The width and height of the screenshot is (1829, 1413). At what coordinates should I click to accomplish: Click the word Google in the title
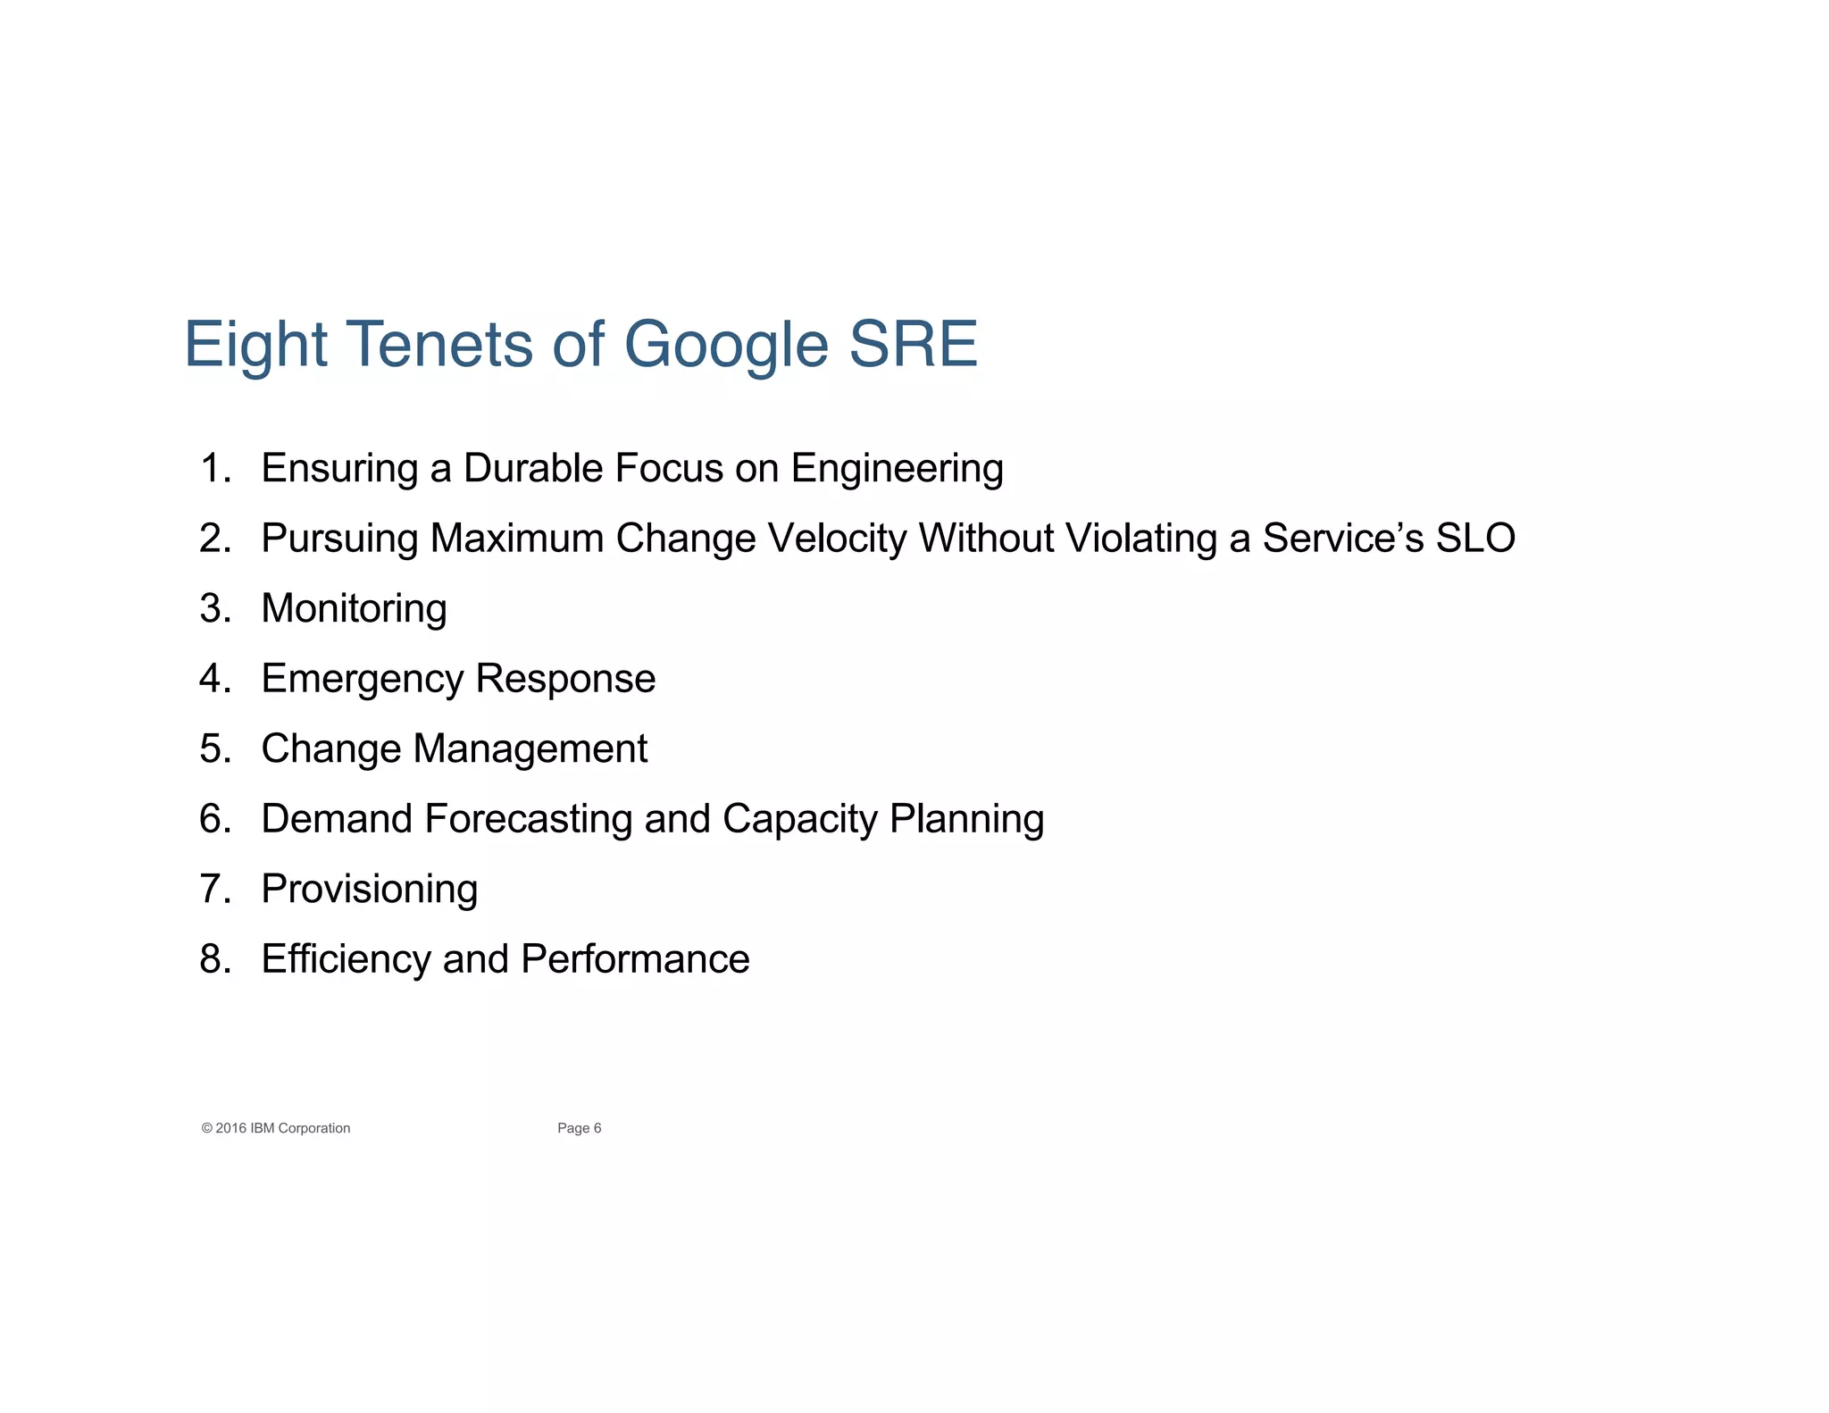point(726,345)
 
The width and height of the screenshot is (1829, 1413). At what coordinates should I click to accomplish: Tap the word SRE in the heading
point(913,345)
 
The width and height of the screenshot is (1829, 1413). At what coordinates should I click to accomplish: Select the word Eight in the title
point(256,345)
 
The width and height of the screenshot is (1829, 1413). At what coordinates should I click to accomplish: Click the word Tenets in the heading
point(440,345)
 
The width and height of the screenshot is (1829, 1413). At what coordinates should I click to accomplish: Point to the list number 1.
point(214,469)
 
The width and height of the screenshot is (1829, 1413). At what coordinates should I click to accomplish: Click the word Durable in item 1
point(532,469)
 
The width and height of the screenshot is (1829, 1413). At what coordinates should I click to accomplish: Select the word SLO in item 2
point(1474,539)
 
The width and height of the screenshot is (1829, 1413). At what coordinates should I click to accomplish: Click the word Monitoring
point(354,609)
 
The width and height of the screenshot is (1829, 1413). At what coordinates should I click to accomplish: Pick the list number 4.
point(214,679)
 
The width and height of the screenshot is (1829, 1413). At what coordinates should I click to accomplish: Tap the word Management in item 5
point(530,748)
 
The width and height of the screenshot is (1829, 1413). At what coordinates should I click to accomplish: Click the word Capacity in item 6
point(799,819)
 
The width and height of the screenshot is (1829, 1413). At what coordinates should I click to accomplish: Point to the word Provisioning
point(369,890)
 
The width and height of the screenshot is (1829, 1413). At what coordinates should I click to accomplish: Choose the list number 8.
point(214,959)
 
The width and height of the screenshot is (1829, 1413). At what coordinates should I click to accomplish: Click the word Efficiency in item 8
point(346,959)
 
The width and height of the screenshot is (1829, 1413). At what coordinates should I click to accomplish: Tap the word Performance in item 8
point(635,959)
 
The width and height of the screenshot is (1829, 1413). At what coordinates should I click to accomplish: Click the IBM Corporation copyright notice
point(276,1128)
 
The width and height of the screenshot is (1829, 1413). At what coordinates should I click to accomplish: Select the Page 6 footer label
point(579,1128)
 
